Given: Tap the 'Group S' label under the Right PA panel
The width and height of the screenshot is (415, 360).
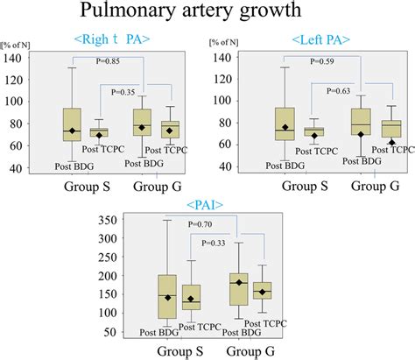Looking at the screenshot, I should point(86,187).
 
